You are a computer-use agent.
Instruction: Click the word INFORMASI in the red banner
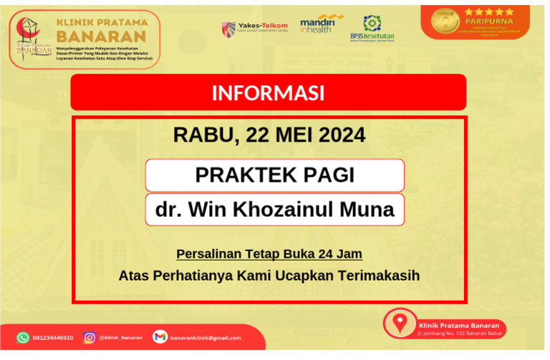coord(268,93)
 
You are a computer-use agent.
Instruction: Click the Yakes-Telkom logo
coord(254,29)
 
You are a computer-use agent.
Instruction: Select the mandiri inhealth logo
coord(320,24)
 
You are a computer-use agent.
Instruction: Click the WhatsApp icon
coord(23,337)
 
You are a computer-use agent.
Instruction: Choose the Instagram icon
coord(90,337)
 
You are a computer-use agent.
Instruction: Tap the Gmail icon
coord(160,337)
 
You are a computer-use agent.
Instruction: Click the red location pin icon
coord(400,322)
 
